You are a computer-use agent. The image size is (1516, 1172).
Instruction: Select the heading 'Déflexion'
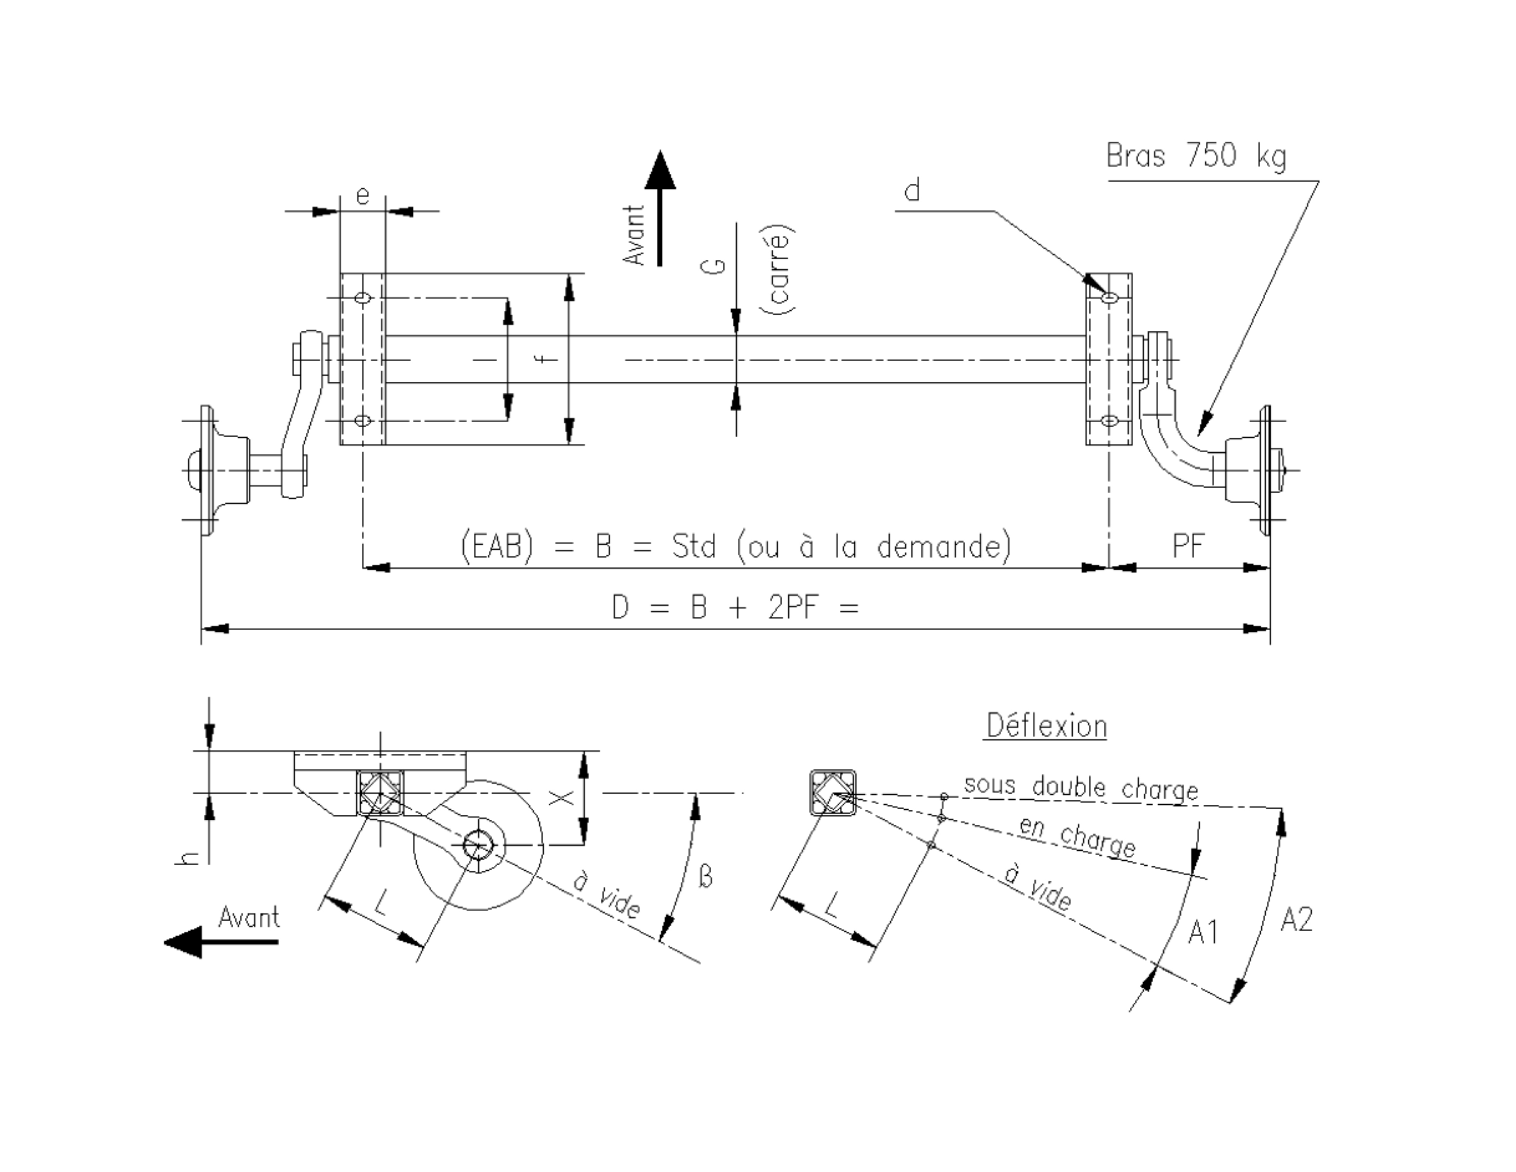pyautogui.click(x=1046, y=727)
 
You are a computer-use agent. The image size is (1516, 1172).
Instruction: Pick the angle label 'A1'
pyautogui.click(x=1203, y=932)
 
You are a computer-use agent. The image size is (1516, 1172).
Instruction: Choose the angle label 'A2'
pyautogui.click(x=1296, y=920)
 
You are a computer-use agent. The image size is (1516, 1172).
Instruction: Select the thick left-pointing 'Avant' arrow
pyautogui.click(x=221, y=942)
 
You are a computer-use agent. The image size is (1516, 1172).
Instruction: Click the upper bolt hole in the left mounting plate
pyautogui.click(x=362, y=298)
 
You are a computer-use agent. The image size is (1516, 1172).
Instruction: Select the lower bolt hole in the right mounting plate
pyautogui.click(x=1109, y=420)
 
